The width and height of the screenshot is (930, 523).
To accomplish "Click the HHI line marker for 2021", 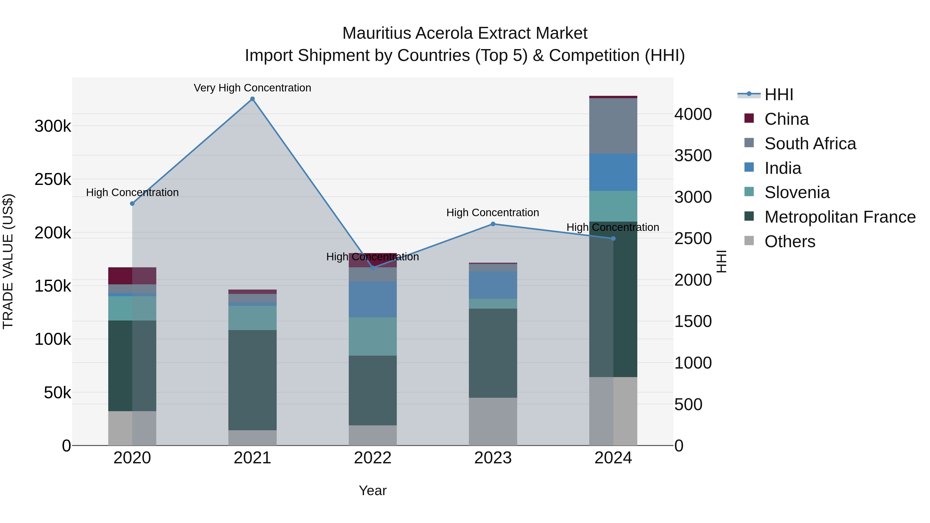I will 252,99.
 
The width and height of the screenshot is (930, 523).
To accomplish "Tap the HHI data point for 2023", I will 493,224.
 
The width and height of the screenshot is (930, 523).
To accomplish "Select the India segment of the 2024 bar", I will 613,172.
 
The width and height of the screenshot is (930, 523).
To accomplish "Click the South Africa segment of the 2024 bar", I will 613,126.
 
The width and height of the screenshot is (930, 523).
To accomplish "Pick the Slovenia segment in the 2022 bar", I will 373,336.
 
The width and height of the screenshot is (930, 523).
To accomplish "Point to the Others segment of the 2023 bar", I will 493,421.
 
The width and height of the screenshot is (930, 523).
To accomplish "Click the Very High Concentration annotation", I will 252,88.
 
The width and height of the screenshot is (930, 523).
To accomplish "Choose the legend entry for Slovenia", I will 797,192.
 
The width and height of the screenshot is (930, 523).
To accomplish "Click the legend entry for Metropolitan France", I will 840,217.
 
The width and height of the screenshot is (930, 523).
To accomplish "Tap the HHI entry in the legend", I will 779,95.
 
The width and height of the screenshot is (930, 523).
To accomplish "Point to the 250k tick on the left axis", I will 53,179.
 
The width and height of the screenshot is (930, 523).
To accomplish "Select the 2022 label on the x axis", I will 373,458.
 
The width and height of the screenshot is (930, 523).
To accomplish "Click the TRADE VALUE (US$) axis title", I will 8,261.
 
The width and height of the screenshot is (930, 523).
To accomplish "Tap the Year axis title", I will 373,490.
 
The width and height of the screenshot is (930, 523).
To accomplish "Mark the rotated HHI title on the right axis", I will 721,261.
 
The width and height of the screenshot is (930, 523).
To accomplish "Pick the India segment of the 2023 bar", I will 493,285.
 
